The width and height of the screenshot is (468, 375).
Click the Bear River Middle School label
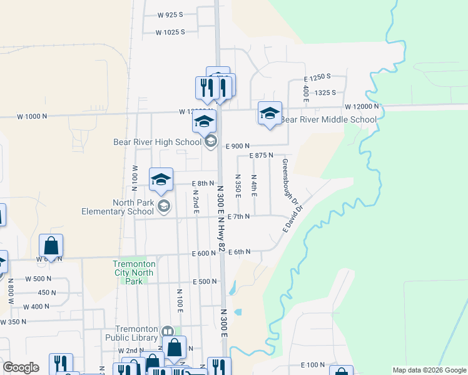pos(328,119)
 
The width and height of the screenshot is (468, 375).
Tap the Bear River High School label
pos(157,142)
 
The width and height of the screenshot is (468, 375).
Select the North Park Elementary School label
pos(118,207)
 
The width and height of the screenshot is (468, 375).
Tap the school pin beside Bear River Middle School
pos(270,114)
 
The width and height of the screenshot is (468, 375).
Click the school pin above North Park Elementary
pos(161,179)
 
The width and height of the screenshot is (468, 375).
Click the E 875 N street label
pos(262,155)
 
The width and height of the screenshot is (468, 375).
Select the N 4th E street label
pos(254,186)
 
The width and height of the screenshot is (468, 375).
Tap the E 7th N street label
pos(239,216)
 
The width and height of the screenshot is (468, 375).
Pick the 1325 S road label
pos(325,92)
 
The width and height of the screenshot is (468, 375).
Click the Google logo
pos(21,367)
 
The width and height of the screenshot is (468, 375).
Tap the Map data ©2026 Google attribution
pos(429,370)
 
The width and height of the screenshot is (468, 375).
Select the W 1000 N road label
pos(32,116)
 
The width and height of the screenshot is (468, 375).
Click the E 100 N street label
pos(313,364)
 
